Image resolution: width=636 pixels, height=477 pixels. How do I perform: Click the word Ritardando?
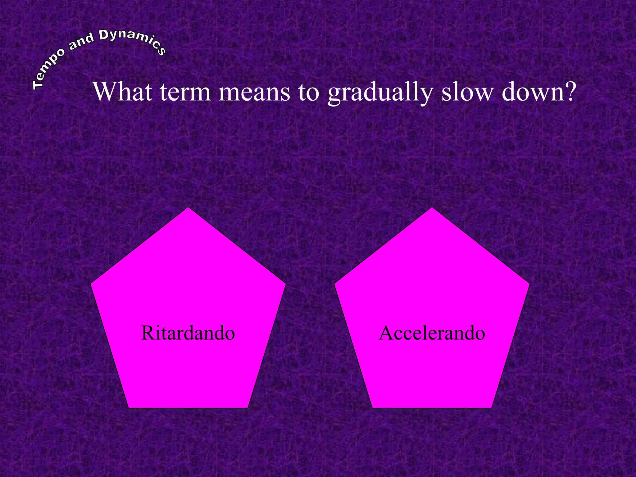(188, 333)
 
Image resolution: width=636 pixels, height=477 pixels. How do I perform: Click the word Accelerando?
(432, 333)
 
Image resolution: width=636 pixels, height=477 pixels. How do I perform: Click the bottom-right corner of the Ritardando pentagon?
(247, 407)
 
